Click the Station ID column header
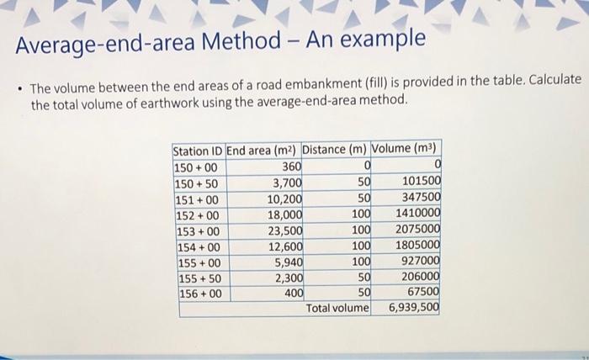coord(198,151)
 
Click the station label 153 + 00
coord(196,231)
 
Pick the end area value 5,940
coord(289,262)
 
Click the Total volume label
coord(337,309)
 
